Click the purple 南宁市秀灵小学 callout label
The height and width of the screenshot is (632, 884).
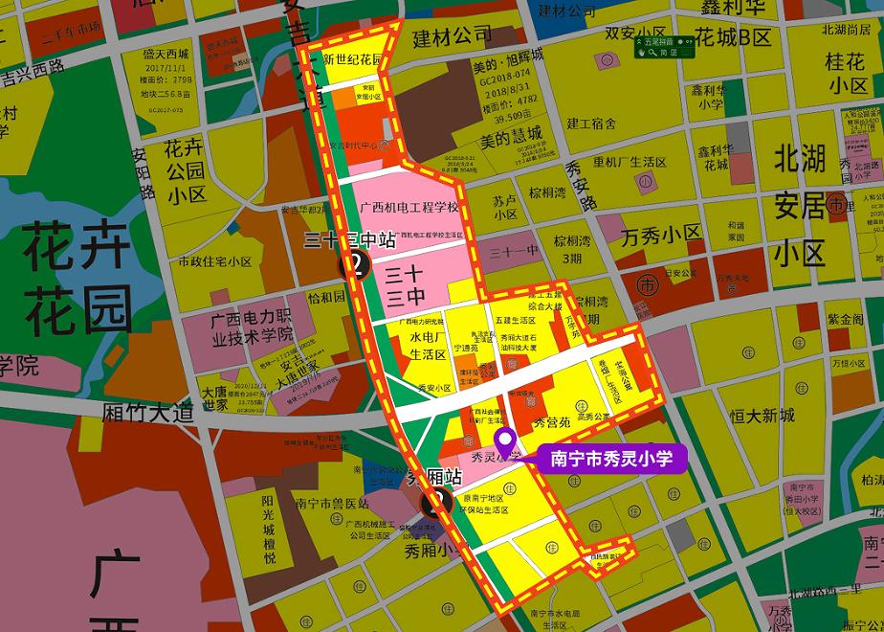pyautogui.click(x=611, y=459)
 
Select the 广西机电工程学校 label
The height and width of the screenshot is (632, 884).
pyautogui.click(x=409, y=207)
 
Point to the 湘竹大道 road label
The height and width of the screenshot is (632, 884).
pyautogui.click(x=147, y=413)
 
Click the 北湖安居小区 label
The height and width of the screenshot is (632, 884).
pyautogui.click(x=800, y=205)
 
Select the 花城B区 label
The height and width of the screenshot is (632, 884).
pyautogui.click(x=733, y=37)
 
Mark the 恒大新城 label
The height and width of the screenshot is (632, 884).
pyautogui.click(x=762, y=416)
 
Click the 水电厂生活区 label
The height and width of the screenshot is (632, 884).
pyautogui.click(x=429, y=346)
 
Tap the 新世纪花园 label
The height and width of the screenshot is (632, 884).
pyautogui.click(x=352, y=60)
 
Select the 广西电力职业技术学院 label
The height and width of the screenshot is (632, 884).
pyautogui.click(x=251, y=328)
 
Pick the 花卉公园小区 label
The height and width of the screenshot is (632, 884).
pyautogui.click(x=185, y=171)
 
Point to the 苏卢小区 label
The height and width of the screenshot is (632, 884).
pyautogui.click(x=505, y=207)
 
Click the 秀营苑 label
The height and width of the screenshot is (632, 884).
pyautogui.click(x=551, y=421)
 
